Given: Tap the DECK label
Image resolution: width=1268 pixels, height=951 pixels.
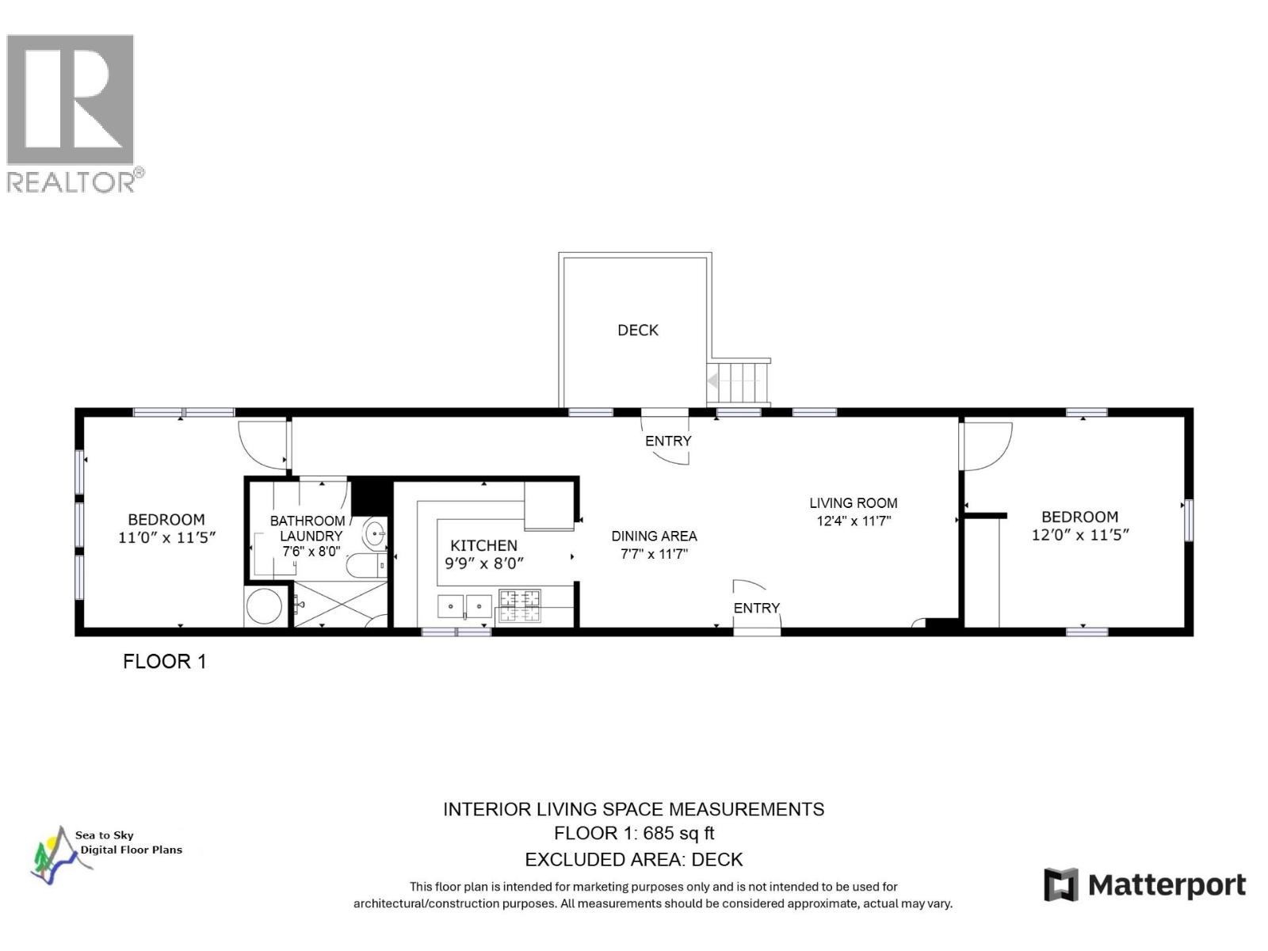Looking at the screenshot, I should pos(638,330).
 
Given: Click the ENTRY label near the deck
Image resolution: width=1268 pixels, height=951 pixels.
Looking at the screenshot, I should pos(668,441).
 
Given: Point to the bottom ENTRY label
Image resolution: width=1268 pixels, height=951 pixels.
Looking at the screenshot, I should pos(756,608).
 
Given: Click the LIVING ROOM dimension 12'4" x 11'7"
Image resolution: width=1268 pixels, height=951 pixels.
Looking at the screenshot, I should pos(854,521).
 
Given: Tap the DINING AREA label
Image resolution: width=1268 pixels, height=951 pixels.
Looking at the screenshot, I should pos(654,537).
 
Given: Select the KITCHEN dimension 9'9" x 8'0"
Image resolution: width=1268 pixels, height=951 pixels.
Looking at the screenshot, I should pos(484,563).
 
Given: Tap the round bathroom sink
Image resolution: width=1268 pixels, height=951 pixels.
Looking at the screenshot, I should pos(376,533).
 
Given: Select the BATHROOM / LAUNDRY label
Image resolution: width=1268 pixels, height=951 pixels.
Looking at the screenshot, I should pos(309,528).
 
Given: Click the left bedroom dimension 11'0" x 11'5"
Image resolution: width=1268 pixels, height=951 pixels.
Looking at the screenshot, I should pos(166,537).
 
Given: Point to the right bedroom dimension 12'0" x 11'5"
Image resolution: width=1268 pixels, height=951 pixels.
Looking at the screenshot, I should pos(1079,535).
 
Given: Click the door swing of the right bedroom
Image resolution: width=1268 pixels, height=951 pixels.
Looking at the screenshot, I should pos(987,445).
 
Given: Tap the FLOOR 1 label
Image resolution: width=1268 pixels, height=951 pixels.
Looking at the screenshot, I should pos(165,662).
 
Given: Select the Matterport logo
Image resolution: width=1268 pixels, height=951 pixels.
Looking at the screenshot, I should pos(1144,885).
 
